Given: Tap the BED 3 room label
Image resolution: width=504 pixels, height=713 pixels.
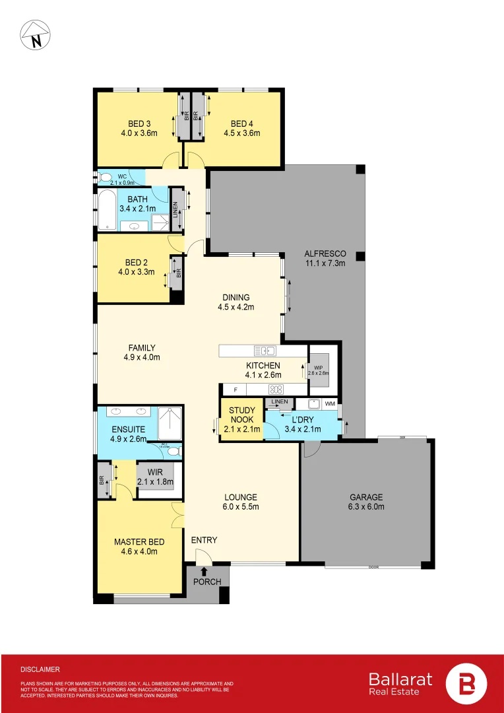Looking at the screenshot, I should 139,123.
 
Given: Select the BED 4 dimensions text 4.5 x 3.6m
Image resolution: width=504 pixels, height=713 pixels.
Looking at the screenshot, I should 242,133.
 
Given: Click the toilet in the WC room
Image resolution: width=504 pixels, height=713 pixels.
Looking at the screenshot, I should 106,178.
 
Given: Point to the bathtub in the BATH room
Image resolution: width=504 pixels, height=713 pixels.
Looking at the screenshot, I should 107,210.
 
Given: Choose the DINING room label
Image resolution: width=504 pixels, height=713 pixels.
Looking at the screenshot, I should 236,297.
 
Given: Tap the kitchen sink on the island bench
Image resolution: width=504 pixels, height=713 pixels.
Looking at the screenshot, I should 265,350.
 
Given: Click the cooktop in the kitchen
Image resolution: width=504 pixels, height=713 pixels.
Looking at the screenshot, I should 276,390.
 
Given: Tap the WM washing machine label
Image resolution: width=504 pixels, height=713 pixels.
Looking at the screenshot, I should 330,403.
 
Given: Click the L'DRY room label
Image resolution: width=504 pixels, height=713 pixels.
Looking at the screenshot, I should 302,420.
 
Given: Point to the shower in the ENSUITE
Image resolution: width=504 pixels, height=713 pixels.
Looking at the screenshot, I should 172,423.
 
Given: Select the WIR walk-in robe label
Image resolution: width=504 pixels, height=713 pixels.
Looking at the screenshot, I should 154,473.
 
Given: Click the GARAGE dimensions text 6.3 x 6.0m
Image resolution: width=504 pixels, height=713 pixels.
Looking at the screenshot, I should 365,507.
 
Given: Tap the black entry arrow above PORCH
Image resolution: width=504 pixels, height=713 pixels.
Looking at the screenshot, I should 205,572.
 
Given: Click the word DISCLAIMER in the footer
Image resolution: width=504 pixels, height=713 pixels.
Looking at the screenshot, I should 40,669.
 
